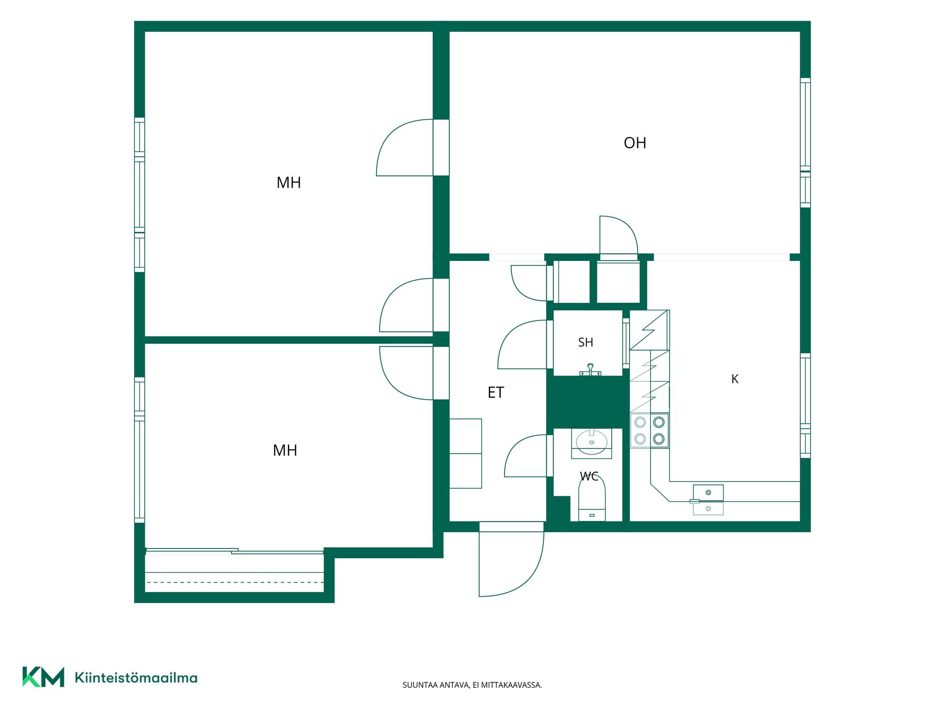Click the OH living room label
pos(635,143)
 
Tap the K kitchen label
pos(735,379)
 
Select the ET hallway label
pos(496,392)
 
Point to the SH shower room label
pos(586,342)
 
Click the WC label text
pos(589,476)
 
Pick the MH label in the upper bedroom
pos(288,183)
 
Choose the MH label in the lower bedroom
pos(285,451)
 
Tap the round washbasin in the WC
pos(591,442)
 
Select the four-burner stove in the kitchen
pos(650,430)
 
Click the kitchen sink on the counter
pos(708,500)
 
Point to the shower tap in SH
pos(590,370)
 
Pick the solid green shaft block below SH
pos(588,402)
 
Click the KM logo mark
pos(43,677)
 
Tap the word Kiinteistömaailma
pos(136,677)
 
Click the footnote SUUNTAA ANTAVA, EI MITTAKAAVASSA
pos(472,685)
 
